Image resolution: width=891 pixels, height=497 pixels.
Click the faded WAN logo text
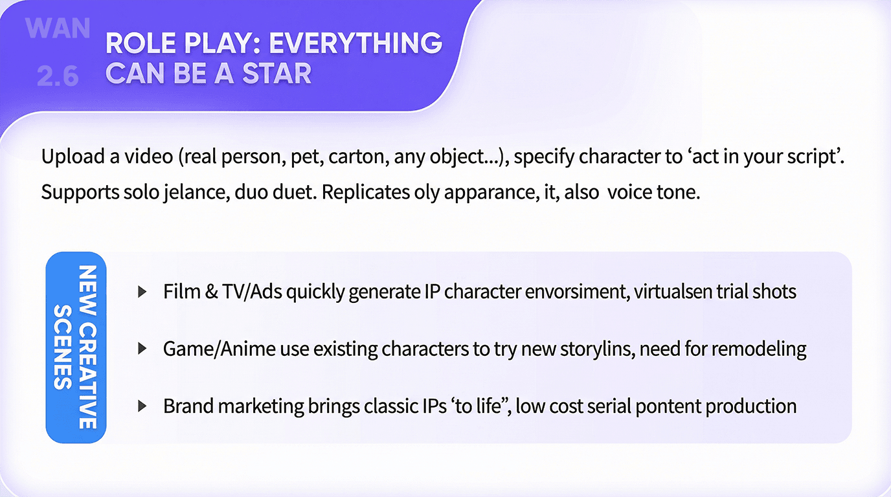pos(58,28)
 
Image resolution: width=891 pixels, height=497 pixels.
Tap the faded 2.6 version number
pos(58,76)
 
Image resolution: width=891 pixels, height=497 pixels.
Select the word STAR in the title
pos(276,74)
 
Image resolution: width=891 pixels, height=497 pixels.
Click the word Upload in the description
pos(73,157)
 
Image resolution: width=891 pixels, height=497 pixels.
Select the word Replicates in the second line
pos(365,193)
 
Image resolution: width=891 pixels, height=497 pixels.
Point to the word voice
pos(629,193)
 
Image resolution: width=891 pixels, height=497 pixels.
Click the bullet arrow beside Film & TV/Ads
pos(142,292)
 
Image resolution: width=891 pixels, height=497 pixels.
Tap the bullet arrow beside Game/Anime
pos(142,349)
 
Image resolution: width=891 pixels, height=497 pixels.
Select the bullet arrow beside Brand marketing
pos(142,406)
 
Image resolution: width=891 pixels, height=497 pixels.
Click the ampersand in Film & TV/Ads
pos(211,292)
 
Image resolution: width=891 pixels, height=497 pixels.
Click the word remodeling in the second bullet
pos(758,349)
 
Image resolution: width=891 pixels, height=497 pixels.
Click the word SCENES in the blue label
pos(63,347)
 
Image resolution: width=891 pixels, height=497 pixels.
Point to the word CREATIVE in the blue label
pos(87,376)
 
